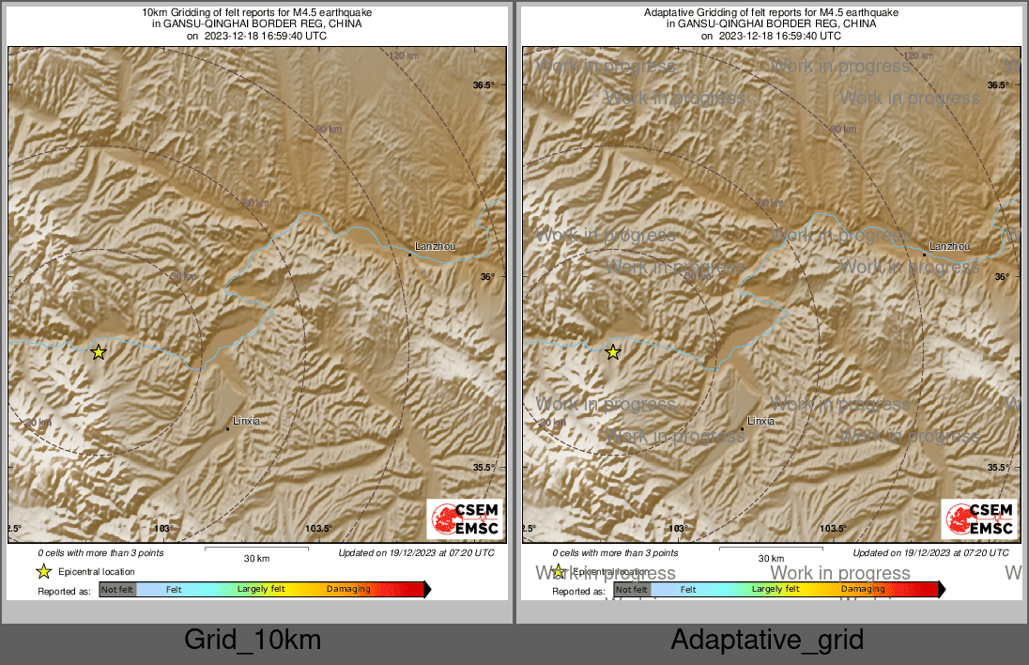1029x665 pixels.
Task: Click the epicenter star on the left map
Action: point(99,352)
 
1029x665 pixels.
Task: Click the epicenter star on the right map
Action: point(613,352)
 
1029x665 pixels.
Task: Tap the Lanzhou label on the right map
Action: point(949,247)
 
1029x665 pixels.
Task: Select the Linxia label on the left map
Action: point(246,422)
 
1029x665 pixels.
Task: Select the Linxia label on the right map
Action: point(760,422)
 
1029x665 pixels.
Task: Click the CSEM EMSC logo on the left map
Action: point(465,519)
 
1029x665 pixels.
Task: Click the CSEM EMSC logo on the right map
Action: point(979,519)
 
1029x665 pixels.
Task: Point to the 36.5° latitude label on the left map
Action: point(484,85)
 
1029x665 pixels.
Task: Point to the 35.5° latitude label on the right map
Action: point(998,468)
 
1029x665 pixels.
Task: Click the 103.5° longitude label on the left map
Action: point(318,529)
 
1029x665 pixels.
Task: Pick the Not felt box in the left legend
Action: point(118,590)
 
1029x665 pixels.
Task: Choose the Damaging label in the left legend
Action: point(348,590)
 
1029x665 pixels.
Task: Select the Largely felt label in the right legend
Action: point(775,590)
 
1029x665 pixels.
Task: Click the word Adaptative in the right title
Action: point(668,12)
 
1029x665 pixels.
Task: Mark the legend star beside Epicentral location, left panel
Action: point(43,571)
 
